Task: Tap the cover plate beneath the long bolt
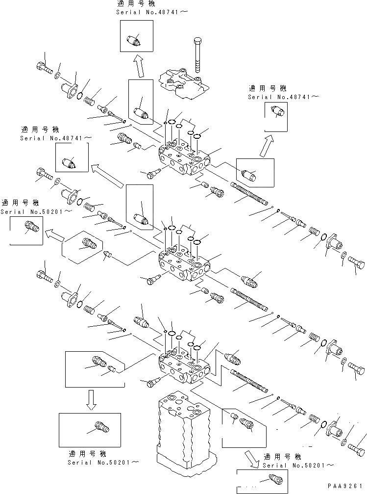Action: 184,85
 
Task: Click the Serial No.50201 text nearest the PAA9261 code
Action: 299,465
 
